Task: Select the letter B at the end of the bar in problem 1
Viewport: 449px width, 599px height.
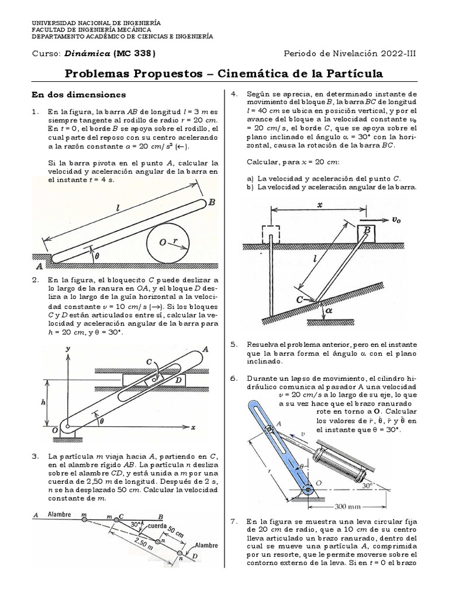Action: tap(212, 202)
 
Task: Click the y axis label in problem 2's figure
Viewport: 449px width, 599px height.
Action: tap(68, 349)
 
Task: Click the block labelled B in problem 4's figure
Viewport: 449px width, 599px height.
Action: tap(367, 231)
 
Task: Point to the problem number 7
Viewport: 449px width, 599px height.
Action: tap(233, 521)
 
